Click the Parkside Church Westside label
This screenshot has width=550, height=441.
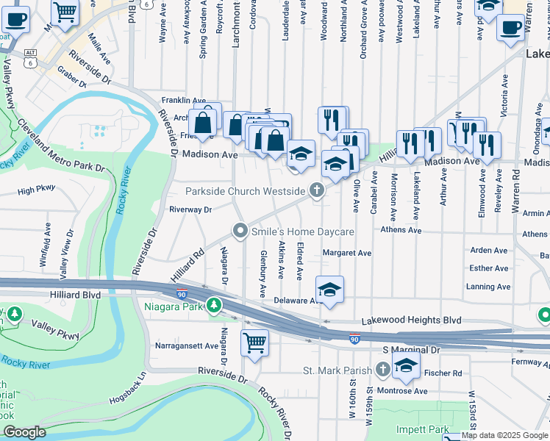pyautogui.click(x=245, y=191)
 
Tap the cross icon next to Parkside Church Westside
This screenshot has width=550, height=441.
pyautogui.click(x=317, y=191)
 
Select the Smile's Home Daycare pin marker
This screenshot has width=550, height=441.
pyautogui.click(x=240, y=232)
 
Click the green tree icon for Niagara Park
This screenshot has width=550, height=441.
pyautogui.click(x=214, y=304)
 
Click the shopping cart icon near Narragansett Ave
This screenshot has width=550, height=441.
pyautogui.click(x=254, y=342)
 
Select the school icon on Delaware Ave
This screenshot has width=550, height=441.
pyautogui.click(x=330, y=288)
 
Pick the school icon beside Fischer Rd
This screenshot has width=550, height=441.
pyautogui.click(x=406, y=364)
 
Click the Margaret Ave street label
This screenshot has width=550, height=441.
pyautogui.click(x=347, y=253)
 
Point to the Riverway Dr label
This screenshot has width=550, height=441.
pyautogui.click(x=190, y=209)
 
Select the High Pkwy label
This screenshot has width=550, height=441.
pyautogui.click(x=36, y=190)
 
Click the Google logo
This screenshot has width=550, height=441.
pyautogui.click(x=24, y=432)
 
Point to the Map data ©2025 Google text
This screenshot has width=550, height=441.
pyautogui.click(x=504, y=436)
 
